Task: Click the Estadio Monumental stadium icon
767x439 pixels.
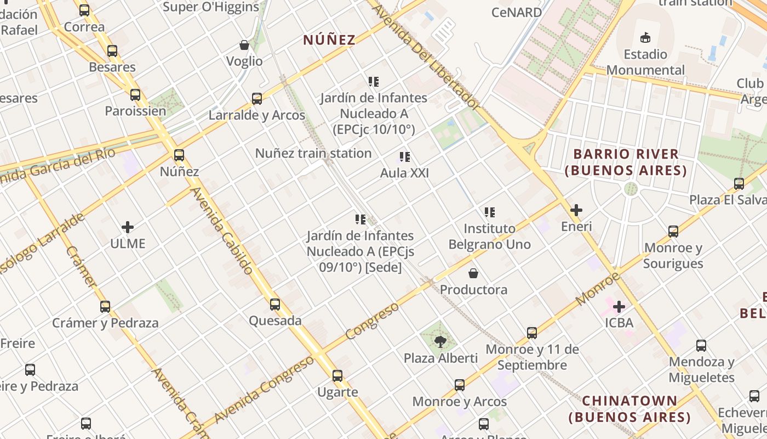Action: (x=645, y=38)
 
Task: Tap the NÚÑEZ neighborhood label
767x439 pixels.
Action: (x=329, y=40)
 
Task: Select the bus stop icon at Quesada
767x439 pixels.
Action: (x=275, y=304)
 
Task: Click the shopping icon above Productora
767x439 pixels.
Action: (x=473, y=273)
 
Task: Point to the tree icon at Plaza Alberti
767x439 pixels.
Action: (x=440, y=342)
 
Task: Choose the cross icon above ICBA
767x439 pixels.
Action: (x=619, y=306)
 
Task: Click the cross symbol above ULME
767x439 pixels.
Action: (x=128, y=227)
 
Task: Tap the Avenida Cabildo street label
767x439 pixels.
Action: (x=222, y=230)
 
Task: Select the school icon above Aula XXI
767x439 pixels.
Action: (x=405, y=157)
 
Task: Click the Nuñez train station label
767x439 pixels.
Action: (x=313, y=153)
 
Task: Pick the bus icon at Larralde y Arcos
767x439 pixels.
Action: (x=257, y=99)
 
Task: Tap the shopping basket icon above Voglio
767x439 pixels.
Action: (x=244, y=45)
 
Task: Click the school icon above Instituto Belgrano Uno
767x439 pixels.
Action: (x=490, y=212)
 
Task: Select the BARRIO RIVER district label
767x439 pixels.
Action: (x=626, y=162)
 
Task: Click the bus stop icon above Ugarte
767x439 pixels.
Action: (x=337, y=376)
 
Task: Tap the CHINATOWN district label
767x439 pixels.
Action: (x=629, y=409)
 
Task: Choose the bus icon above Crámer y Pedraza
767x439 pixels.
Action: (x=105, y=307)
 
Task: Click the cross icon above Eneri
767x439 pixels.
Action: (x=576, y=210)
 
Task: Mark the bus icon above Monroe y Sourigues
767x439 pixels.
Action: (x=673, y=232)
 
